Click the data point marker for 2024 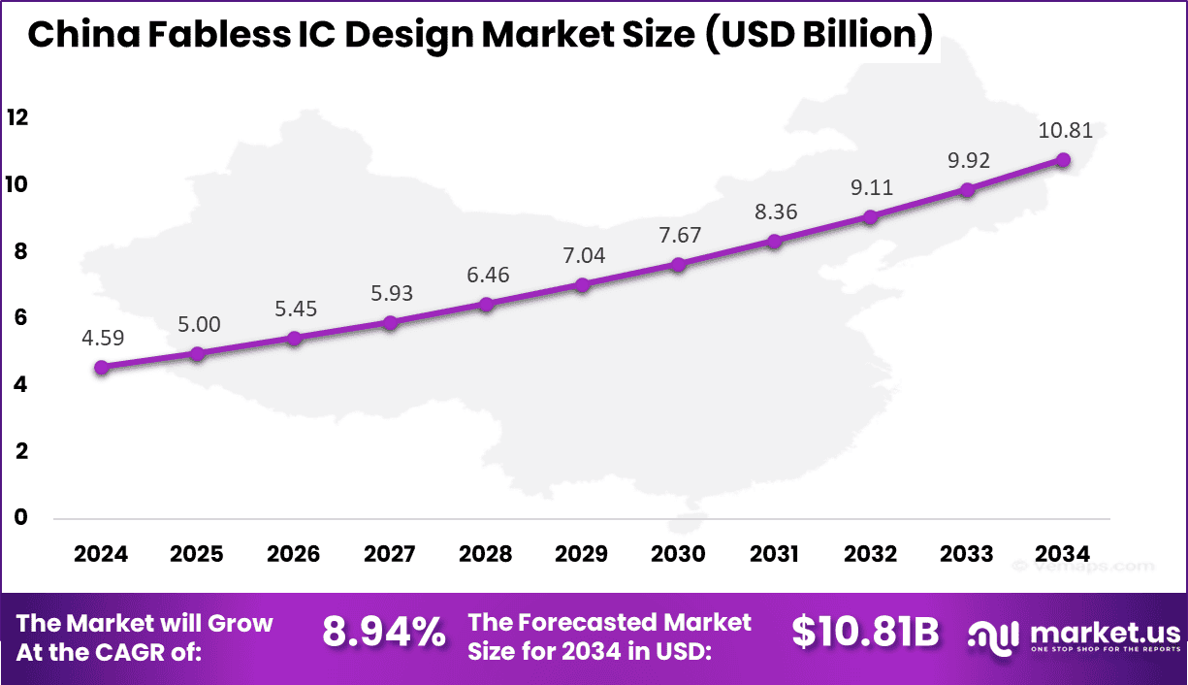point(101,368)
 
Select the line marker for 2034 point(1063,159)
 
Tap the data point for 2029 point(582,285)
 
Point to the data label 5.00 point(199,324)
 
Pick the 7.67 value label point(679,235)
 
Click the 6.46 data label point(487,275)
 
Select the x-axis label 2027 point(390,554)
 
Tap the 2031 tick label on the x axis point(775,554)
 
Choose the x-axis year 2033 point(967,554)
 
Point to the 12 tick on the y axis point(17,118)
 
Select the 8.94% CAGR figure point(384,634)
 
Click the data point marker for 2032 point(871,217)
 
